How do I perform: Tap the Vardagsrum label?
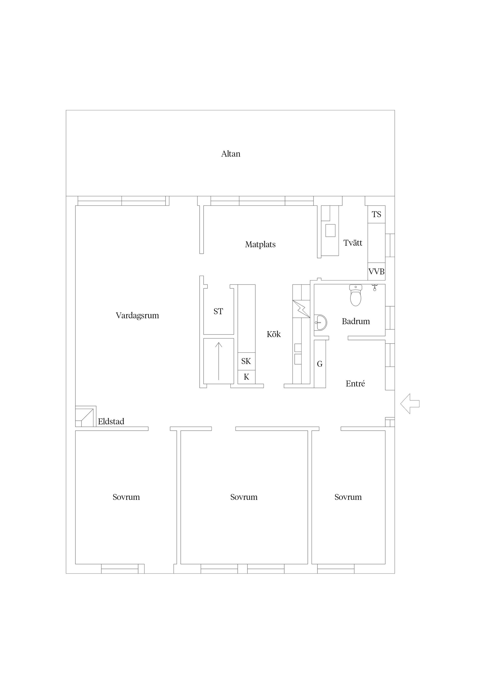tap(137, 316)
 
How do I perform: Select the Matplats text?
tap(260, 245)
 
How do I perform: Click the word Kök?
tap(274, 334)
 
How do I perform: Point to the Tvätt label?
tap(352, 243)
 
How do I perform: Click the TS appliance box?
tap(376, 214)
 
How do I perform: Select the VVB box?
tap(376, 271)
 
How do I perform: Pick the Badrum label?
tap(355, 321)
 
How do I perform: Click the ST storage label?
tap(218, 311)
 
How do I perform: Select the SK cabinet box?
tap(246, 361)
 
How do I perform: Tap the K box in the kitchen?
tap(246, 377)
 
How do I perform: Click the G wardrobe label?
tap(320, 364)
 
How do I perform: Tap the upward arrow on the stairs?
tap(219, 361)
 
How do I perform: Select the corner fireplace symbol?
tap(86, 416)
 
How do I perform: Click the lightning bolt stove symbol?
tap(301, 309)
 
